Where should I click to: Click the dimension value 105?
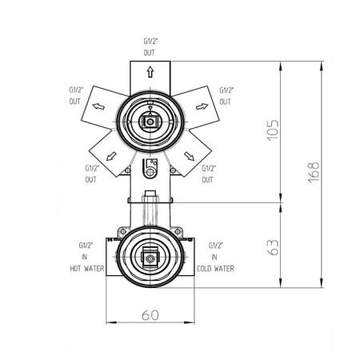273,130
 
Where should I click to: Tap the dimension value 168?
314,172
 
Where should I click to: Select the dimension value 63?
273,247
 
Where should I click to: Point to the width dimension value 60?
150,314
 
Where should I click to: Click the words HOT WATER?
87,268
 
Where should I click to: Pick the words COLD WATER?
215,268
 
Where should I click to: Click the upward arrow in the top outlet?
150,72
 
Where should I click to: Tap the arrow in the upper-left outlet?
98,106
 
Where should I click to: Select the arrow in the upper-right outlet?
202,106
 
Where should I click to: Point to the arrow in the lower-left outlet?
111,157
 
